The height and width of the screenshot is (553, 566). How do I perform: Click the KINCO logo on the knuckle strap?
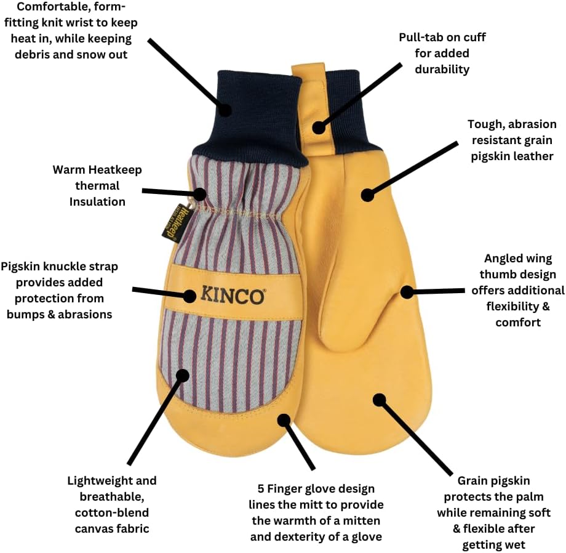coord(233,295)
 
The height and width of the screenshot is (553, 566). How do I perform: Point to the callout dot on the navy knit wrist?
coord(226,109)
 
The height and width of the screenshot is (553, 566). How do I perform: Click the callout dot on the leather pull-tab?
coord(319,127)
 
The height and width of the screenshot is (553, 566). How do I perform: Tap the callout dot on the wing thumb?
coord(407,292)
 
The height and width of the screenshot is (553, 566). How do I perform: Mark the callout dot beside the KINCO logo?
coord(189,296)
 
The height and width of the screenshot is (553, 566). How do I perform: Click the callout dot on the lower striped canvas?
coord(183,375)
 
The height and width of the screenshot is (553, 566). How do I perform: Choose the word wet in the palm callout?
coord(517,545)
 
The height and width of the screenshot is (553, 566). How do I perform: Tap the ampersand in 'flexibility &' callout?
coord(546,307)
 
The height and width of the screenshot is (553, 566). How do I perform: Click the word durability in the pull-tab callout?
coord(442,70)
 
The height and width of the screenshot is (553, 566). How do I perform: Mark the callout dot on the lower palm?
coord(380,400)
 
